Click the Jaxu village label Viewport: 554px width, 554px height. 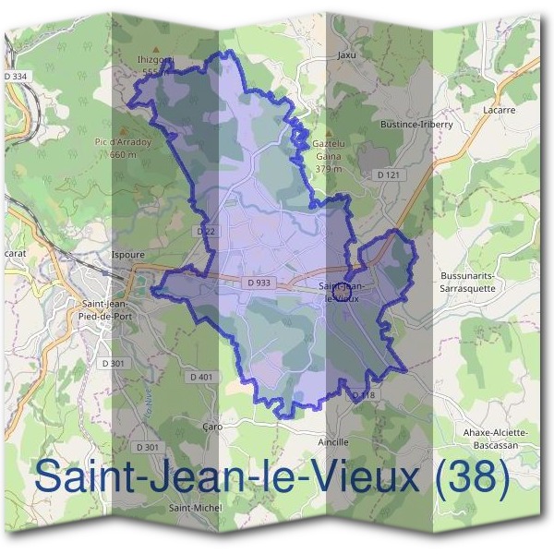[x=346, y=54]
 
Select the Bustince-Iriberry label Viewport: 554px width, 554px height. [x=415, y=124]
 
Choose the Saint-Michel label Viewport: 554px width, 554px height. [x=193, y=508]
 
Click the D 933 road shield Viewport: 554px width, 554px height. [x=259, y=283]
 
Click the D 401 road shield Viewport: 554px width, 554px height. [x=201, y=377]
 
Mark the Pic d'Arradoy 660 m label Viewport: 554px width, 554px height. [x=122, y=148]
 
